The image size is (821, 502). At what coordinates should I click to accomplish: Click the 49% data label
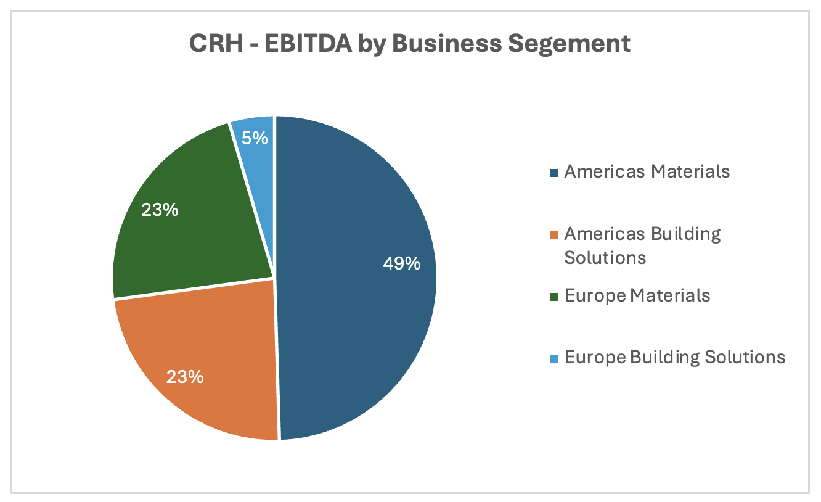click(401, 264)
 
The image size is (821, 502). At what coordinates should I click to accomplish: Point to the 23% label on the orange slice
click(184, 376)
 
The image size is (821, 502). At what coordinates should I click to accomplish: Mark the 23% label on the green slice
click(160, 210)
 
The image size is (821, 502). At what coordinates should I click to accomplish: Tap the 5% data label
click(255, 138)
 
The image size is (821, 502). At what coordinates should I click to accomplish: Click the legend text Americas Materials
click(647, 171)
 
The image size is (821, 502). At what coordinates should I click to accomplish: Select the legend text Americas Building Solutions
click(642, 245)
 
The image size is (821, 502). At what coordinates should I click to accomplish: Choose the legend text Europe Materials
click(637, 295)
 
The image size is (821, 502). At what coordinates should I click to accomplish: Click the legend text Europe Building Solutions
click(674, 357)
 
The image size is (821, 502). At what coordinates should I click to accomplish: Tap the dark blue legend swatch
click(554, 173)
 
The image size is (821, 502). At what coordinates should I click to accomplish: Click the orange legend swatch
click(554, 235)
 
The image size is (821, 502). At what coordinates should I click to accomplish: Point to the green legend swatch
click(554, 297)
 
